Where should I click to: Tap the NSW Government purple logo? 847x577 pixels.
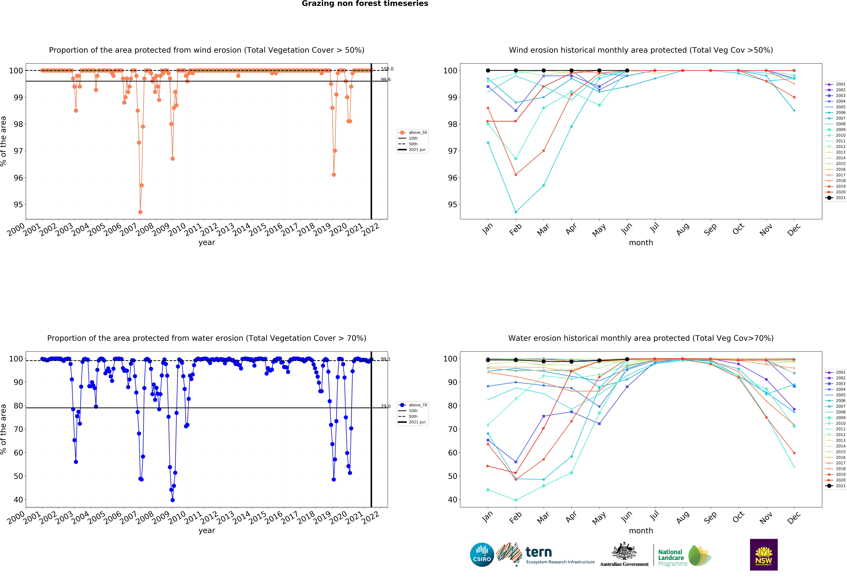(x=764, y=554)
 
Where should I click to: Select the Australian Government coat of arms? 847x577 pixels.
(x=624, y=551)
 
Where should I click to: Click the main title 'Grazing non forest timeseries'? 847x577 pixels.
(x=365, y=4)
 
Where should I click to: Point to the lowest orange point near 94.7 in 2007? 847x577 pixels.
(x=140, y=212)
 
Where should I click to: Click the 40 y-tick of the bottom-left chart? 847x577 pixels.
(x=18, y=500)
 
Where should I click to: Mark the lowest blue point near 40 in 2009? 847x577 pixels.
(x=172, y=500)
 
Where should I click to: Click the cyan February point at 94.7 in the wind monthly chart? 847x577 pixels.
(x=516, y=212)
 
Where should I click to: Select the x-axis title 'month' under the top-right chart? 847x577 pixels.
(x=641, y=243)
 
